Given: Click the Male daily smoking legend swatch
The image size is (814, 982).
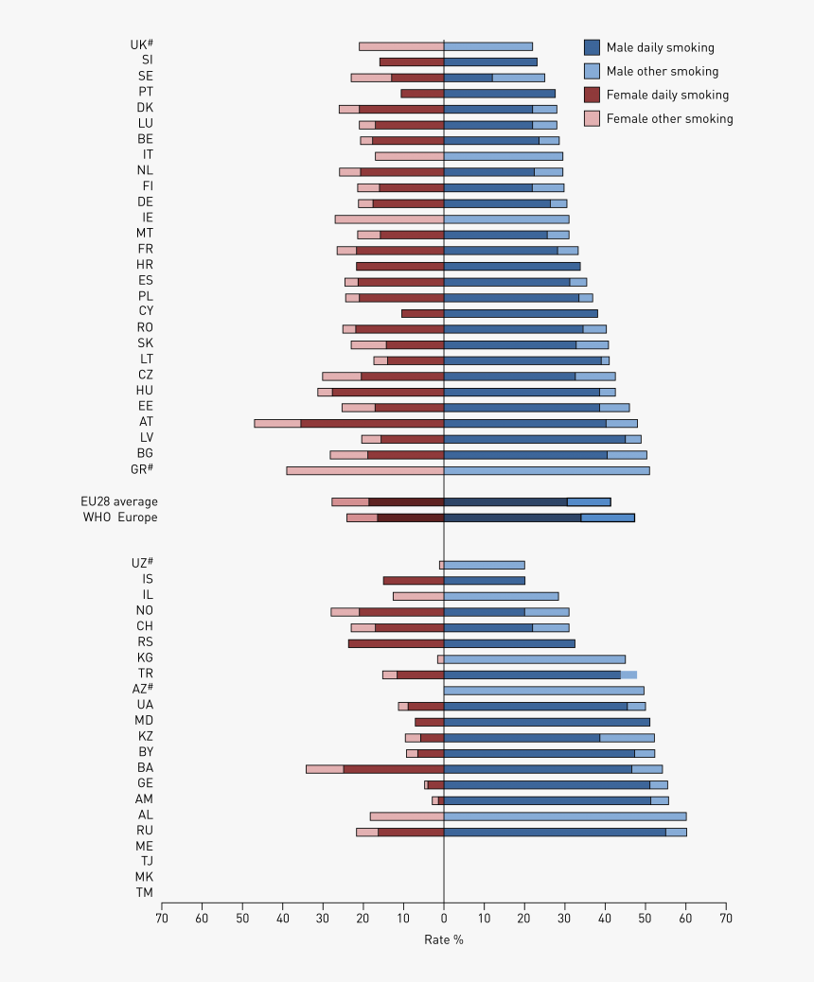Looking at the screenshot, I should [x=593, y=47].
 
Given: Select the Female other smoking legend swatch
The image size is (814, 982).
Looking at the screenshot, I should [x=593, y=118].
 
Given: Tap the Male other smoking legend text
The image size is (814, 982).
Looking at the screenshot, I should [x=662, y=71].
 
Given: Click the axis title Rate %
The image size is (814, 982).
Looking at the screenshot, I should [x=444, y=939].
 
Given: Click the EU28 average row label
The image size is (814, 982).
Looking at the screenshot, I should [x=119, y=501].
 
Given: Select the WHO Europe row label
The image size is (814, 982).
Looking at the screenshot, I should [x=119, y=517].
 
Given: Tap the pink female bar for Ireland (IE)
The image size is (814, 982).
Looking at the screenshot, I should [x=389, y=219].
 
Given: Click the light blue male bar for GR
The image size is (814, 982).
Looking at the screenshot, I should [x=546, y=470].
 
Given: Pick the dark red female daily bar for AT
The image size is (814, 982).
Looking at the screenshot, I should [x=372, y=423].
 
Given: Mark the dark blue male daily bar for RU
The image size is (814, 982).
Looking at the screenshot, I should [x=555, y=832].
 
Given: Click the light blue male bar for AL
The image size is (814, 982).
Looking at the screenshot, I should [x=565, y=815].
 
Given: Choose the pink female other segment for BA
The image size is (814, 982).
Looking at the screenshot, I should [x=325, y=769].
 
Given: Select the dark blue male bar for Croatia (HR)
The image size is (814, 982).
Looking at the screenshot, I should [x=512, y=266].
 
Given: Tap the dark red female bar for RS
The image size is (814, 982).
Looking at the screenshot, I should [x=396, y=643].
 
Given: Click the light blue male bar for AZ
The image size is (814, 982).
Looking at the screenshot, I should [x=544, y=691].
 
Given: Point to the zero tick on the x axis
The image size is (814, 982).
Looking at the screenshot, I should [x=444, y=917].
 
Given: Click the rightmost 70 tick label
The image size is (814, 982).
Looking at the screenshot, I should [x=725, y=917].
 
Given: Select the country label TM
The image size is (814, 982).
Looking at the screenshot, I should [x=144, y=892].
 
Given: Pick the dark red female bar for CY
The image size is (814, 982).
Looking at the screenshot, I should [x=422, y=313].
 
